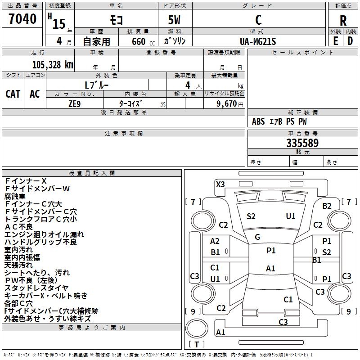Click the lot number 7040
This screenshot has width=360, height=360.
pyautogui.click(x=22, y=19)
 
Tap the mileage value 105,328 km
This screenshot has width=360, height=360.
pyautogui.click(x=53, y=65)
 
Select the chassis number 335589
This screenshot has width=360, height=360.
pyautogui.click(x=302, y=143)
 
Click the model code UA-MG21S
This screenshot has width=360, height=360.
pyautogui.click(x=258, y=41)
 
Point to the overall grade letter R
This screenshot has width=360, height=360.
pyautogui.click(x=343, y=21)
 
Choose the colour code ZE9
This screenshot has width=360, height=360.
pyautogui.click(x=75, y=104)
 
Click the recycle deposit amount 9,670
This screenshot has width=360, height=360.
pyautogui.click(x=226, y=104)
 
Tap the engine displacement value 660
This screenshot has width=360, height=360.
pyautogui.click(x=139, y=41)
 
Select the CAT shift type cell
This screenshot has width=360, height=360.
pyautogui.click(x=13, y=94)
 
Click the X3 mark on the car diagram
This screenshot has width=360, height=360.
pyautogui.click(x=220, y=184)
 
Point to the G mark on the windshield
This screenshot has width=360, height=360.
pyautogui.click(x=257, y=237)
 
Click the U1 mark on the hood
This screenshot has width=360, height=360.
pyautogui.click(x=291, y=216)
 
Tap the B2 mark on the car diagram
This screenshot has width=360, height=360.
pyautogui.click(x=327, y=206)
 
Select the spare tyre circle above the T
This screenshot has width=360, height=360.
pyautogui.click(x=197, y=329)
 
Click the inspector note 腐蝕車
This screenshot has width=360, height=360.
pyautogui.click(x=15, y=196)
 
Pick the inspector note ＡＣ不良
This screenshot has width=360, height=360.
pyautogui.click(x=18, y=227)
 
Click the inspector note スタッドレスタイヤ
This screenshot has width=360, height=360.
pyautogui.click(x=36, y=288)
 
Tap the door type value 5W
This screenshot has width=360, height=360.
pyautogui.click(x=175, y=20)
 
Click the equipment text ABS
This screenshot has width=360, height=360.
pyautogui.click(x=258, y=121)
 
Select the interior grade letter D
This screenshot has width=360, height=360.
pyautogui.click(x=350, y=41)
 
